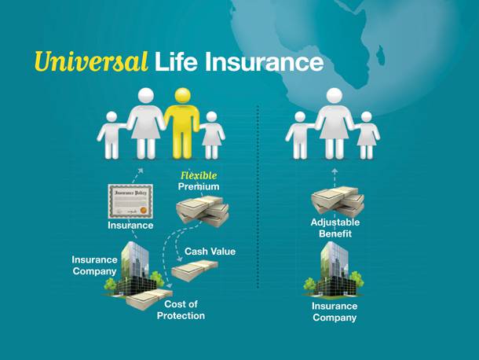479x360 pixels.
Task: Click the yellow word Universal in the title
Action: tap(91, 61)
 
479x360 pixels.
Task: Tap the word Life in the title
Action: tap(176, 61)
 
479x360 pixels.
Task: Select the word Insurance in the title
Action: tap(265, 61)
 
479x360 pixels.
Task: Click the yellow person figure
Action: tap(182, 123)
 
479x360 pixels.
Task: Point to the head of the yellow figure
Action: tap(183, 95)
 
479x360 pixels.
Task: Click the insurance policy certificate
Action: tap(130, 201)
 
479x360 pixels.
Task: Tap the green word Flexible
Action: tap(199, 175)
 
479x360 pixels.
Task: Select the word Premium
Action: tap(199, 186)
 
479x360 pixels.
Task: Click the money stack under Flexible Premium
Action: tap(203, 211)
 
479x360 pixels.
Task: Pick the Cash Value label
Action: tap(210, 252)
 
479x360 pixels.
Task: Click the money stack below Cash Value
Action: tap(195, 270)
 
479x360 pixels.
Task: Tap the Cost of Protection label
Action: tap(181, 310)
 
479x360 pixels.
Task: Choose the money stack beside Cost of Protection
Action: tap(149, 299)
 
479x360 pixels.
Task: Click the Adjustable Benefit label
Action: tap(335, 228)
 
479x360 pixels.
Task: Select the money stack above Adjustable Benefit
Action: tap(338, 201)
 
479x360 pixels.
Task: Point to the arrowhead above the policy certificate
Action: tap(141, 171)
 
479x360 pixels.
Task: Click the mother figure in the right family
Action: tap(335, 123)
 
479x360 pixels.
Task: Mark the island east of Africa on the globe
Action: tap(380, 53)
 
